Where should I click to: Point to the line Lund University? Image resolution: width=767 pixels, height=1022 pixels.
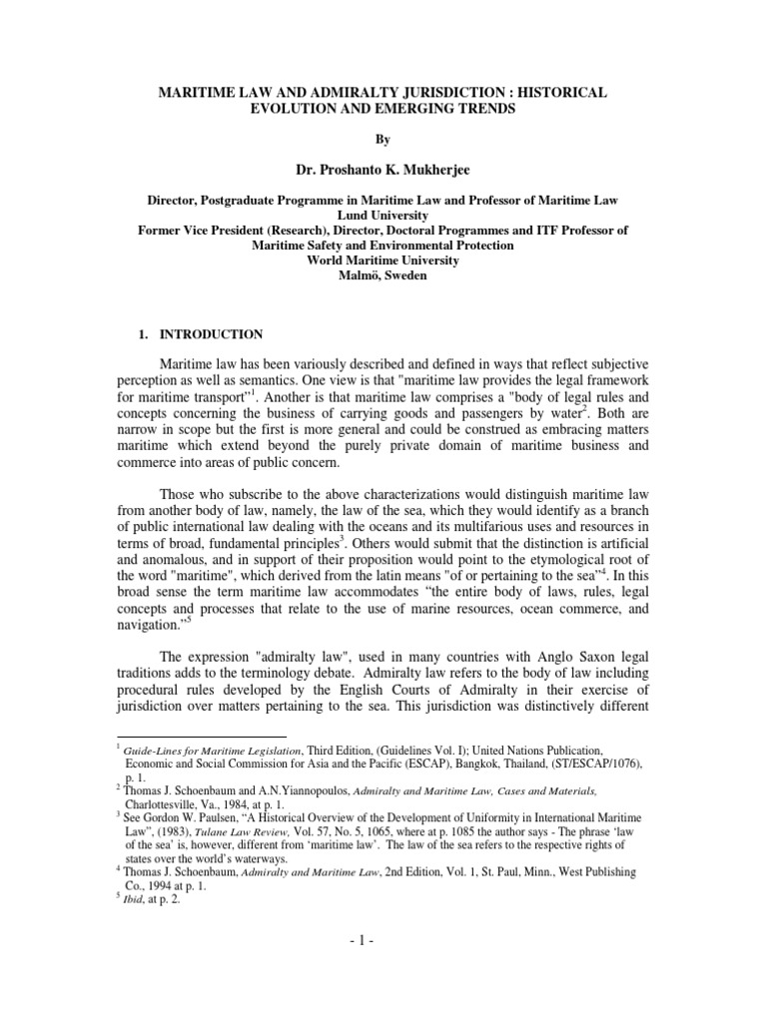(383, 215)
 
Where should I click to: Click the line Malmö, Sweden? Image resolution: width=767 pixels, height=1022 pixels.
(383, 274)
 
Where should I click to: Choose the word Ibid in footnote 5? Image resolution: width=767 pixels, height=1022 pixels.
(135, 898)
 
